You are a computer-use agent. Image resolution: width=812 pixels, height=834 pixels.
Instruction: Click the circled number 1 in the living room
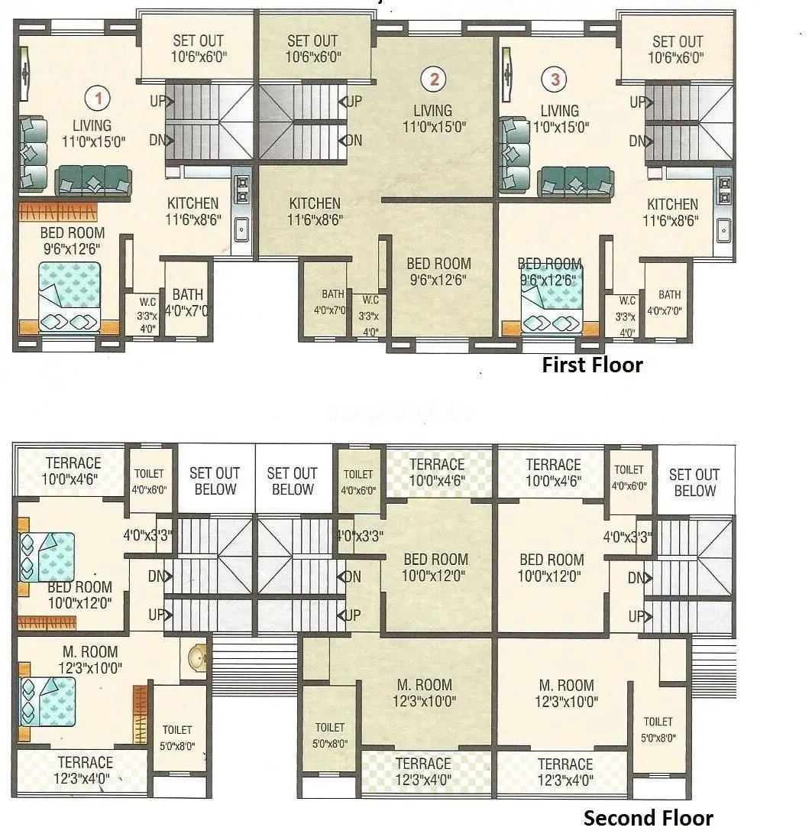97,97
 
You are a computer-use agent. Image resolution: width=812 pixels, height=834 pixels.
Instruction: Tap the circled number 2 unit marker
434,78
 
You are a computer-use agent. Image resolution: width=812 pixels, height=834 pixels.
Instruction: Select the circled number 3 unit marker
554,79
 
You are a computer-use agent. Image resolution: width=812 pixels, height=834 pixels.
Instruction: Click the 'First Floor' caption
592,365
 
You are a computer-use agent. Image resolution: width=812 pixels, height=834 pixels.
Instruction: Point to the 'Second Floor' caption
649,818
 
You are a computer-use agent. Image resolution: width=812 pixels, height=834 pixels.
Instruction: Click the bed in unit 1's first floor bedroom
70,296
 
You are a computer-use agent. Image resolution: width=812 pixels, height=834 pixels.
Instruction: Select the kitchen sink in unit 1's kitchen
242,228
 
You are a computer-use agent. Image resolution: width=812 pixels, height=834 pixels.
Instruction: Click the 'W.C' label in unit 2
370,299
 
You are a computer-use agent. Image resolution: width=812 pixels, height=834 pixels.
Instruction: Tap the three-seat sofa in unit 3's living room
576,183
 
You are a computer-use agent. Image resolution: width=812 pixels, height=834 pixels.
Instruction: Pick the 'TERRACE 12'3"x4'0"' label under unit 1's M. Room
85,770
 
